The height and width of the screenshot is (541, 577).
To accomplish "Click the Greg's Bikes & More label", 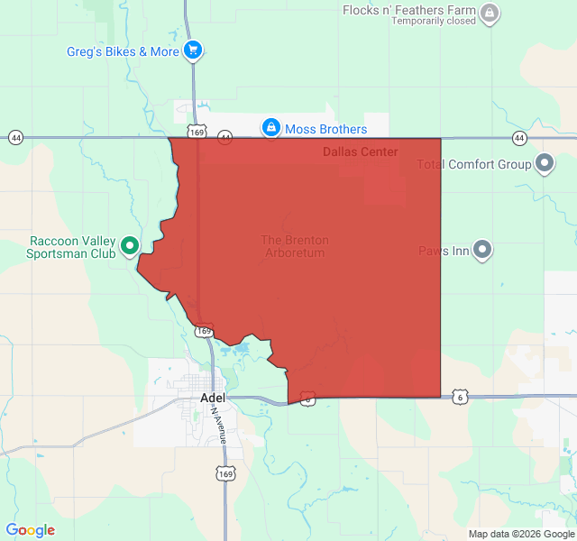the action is click(123, 51).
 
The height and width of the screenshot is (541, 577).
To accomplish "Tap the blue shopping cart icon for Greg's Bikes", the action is click(193, 50).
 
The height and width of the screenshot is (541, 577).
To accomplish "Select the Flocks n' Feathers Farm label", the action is click(408, 10).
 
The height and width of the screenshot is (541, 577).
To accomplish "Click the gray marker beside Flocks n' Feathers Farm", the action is click(489, 13).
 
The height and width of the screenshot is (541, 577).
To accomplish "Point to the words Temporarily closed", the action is click(433, 21).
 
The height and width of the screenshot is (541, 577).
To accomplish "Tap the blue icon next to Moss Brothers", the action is click(270, 128).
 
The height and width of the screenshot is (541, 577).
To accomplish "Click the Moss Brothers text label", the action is click(325, 129).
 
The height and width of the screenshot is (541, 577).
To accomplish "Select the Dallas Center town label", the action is click(360, 151).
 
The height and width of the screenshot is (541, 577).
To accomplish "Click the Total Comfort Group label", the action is click(474, 164).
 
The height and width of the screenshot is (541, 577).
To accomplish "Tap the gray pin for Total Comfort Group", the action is click(545, 164).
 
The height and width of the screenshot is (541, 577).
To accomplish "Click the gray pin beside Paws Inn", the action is click(482, 250).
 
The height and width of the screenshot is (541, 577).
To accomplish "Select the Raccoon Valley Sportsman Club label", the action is click(73, 247).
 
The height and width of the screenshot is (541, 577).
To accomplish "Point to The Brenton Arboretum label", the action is click(295, 246).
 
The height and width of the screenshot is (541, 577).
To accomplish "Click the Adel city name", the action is click(213, 398).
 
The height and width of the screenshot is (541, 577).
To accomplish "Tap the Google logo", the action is click(30, 530).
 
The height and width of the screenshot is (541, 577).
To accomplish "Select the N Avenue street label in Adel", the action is click(220, 423).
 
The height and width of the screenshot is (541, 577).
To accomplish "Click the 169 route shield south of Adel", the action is click(225, 473).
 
